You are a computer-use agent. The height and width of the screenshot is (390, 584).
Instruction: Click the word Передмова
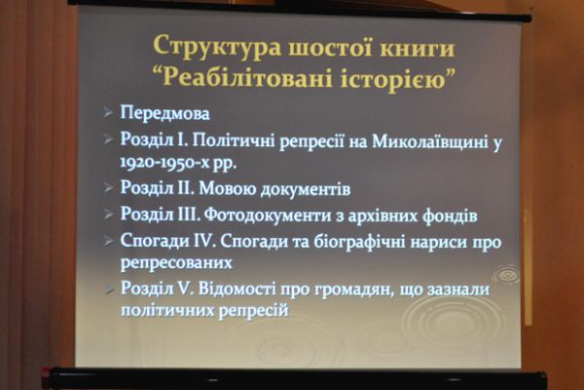[164, 114]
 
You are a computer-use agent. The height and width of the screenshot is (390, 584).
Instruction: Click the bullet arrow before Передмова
[107, 114]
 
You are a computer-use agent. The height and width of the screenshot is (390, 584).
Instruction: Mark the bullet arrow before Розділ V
[107, 289]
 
